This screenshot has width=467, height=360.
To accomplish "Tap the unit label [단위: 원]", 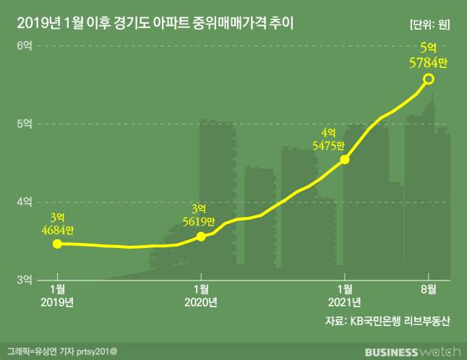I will (429, 24).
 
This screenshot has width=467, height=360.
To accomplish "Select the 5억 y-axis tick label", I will (25, 124).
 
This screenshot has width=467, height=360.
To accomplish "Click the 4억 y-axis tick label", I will (25, 201).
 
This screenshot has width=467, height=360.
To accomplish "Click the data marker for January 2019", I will (57, 244).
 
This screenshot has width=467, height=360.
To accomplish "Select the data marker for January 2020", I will (201, 236).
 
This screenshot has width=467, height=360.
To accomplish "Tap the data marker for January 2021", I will (345, 159).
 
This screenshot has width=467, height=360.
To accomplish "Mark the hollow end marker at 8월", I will (429, 79).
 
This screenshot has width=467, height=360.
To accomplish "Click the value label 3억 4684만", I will (58, 223).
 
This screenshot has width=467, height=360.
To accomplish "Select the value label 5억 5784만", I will (429, 56).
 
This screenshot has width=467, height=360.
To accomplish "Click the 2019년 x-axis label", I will (58, 301).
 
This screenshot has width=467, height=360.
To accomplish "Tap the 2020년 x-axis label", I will (201, 301).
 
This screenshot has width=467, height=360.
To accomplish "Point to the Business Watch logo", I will (412, 351).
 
